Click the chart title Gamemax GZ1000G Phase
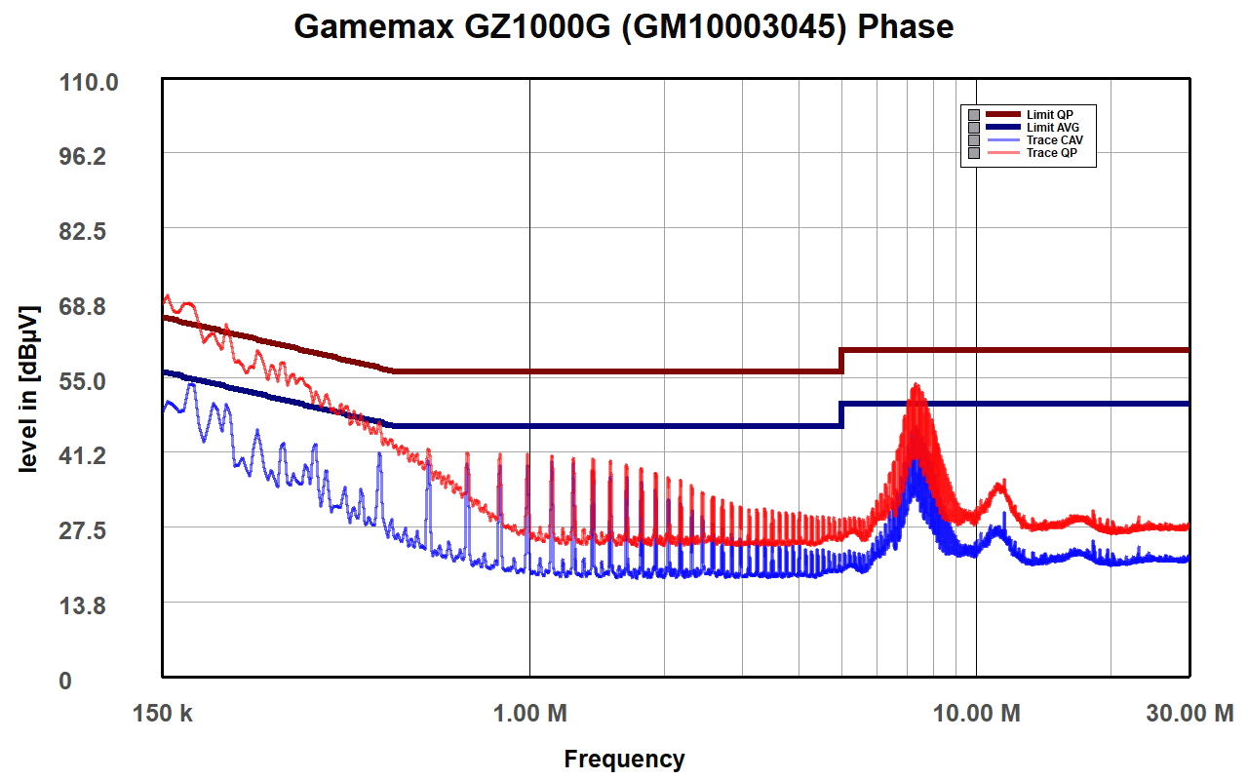[x=624, y=26]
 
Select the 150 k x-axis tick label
[x=163, y=714]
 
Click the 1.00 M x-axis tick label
[x=529, y=714]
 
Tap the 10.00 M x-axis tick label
[x=976, y=714]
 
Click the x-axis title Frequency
[x=624, y=759]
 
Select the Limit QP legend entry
[x=1049, y=115]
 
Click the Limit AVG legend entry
[x=1052, y=128]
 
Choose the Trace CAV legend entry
[x=1054, y=140]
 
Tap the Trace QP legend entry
[x=1051, y=153]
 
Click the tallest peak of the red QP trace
[x=916, y=386]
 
